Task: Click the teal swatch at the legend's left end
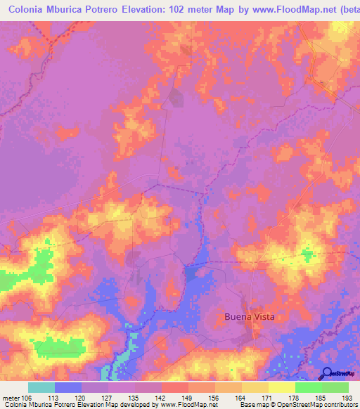tap(41, 387)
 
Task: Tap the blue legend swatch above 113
tap(68, 387)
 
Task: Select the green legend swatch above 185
tap(309, 387)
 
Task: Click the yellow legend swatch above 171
tap(282, 387)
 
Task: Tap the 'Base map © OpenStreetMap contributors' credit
tap(298, 405)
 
